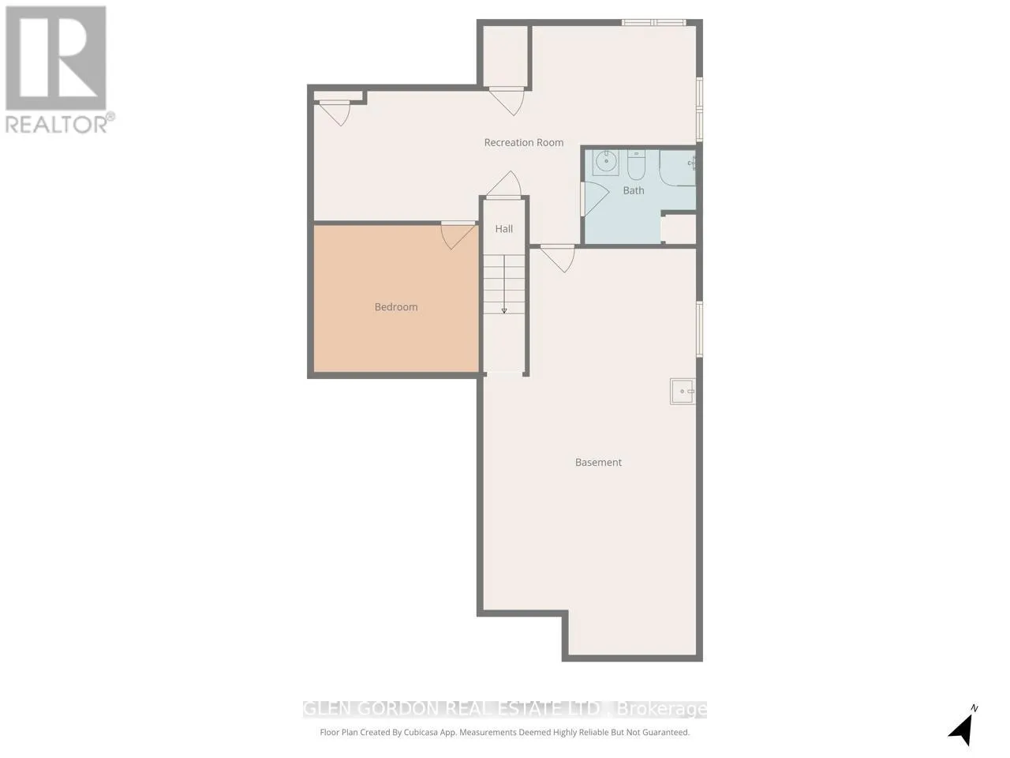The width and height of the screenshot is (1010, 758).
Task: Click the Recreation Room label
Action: pyautogui.click(x=524, y=143)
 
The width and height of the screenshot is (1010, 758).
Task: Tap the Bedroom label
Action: pyautogui.click(x=396, y=307)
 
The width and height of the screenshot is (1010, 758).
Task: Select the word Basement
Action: pyautogui.click(x=598, y=462)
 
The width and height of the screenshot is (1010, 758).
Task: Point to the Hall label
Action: pyautogui.click(x=504, y=229)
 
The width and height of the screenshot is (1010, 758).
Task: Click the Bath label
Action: pyautogui.click(x=633, y=190)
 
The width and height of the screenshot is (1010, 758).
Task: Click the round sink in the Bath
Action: pyautogui.click(x=605, y=162)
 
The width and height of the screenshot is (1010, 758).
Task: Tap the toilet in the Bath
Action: pyautogui.click(x=637, y=165)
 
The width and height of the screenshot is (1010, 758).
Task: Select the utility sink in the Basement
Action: pyautogui.click(x=683, y=392)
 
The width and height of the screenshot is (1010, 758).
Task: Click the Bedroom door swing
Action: pyautogui.click(x=458, y=235)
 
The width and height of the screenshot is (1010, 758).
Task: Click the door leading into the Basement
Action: pyautogui.click(x=558, y=259)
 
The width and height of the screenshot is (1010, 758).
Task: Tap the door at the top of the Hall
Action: pyautogui.click(x=504, y=185)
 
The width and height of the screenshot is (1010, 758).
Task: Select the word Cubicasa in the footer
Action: pyautogui.click(x=421, y=732)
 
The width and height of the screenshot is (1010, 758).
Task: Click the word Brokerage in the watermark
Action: pyautogui.click(x=661, y=709)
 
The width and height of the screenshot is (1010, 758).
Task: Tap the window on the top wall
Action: pyautogui.click(x=653, y=22)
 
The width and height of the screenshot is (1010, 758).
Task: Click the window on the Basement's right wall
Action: pyautogui.click(x=699, y=328)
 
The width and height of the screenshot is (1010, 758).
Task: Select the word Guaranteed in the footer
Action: pyautogui.click(x=665, y=732)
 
